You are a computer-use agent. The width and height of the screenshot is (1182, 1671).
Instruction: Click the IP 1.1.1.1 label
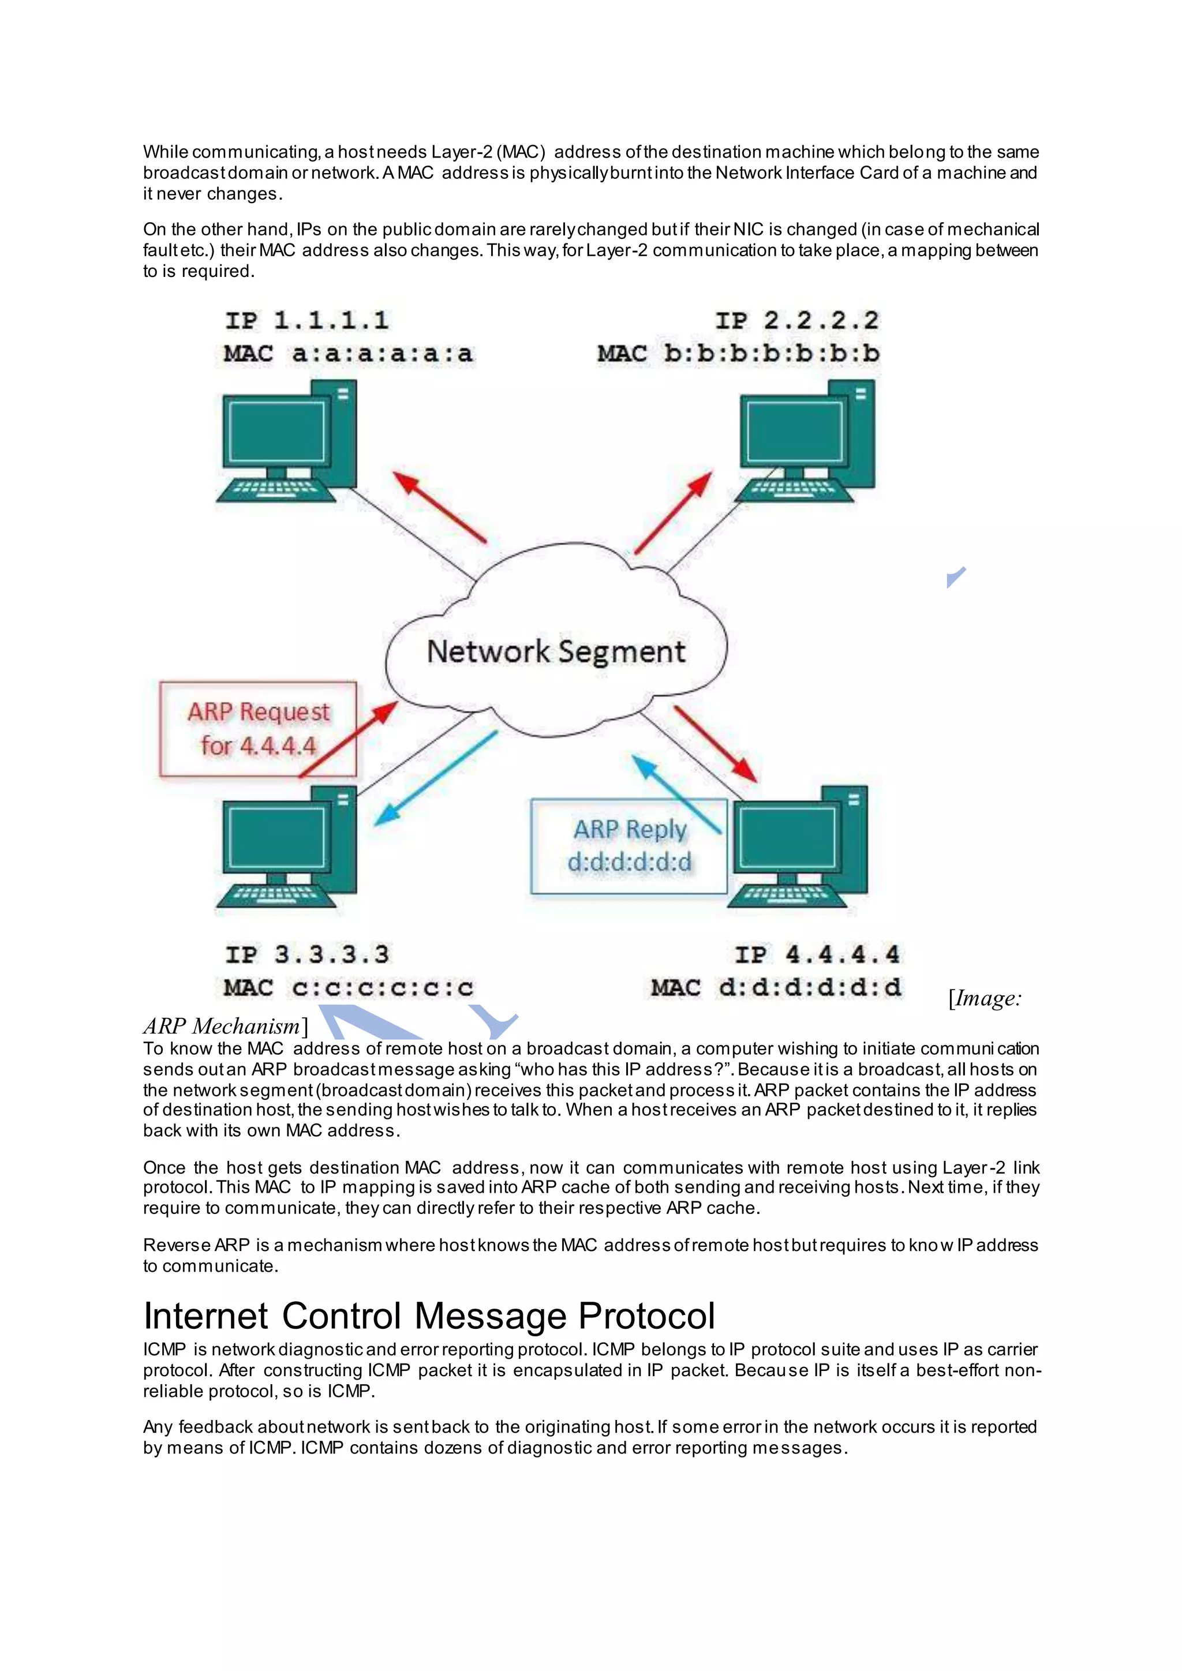[306, 320]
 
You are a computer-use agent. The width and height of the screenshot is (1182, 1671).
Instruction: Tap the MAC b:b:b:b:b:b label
[738, 354]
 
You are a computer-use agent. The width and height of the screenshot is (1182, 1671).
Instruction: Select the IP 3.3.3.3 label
[306, 954]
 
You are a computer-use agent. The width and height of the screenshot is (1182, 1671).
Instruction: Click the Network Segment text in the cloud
[556, 651]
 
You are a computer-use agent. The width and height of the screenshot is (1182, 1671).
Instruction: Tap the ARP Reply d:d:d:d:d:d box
[629, 846]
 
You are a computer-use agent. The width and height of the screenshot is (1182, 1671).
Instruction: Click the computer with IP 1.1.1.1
[287, 442]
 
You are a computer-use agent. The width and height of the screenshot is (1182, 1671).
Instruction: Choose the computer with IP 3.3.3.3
[287, 847]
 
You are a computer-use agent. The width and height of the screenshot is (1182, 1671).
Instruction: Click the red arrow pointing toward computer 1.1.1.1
[439, 507]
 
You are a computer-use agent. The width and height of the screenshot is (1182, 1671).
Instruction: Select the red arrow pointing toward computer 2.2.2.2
[674, 512]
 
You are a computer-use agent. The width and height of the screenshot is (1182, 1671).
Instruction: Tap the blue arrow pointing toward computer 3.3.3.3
[435, 778]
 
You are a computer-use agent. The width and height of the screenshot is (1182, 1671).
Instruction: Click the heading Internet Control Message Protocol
[429, 1316]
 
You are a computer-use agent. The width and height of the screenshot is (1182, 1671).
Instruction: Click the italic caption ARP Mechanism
[221, 1026]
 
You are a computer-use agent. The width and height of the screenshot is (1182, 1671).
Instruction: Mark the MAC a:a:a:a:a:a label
[348, 354]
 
